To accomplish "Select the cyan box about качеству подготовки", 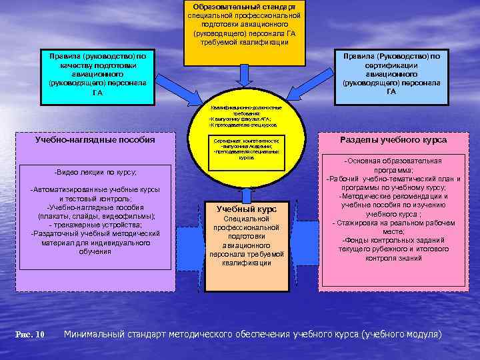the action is point(97,75).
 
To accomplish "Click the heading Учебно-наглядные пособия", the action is point(95,140).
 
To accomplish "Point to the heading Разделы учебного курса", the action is point(393,140).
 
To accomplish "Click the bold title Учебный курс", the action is point(247,209).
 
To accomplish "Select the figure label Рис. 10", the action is point(30,334).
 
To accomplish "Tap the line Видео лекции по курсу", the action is point(95,172).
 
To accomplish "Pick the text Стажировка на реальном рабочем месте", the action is point(393,227).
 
